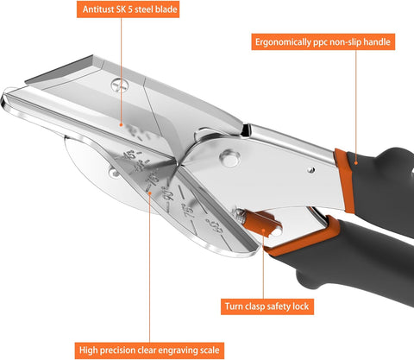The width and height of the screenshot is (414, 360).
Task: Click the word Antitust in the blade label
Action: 98,9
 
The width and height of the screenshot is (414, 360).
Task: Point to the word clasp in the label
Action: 254,306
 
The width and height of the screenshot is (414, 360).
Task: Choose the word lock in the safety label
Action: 301,306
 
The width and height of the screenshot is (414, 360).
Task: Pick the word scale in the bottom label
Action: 210,350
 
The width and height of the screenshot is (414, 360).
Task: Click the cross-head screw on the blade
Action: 119,85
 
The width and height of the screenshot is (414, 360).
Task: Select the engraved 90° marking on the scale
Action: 170,194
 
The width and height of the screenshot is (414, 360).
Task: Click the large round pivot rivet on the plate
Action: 229,158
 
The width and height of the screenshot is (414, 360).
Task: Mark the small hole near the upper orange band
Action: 310,170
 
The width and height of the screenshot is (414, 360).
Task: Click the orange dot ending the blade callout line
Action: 121,125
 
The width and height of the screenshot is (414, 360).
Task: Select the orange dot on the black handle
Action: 356,163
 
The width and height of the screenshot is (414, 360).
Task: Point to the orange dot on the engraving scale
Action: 149,193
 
